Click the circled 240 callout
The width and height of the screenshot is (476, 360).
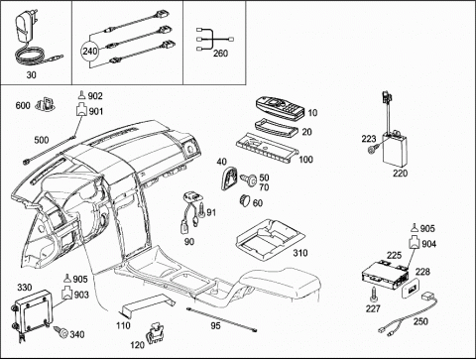[90, 52]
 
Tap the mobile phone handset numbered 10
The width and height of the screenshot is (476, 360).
[280, 106]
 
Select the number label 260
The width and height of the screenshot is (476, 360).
[220, 54]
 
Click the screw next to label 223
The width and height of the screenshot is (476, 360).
[372, 150]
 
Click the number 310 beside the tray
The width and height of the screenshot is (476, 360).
[300, 253]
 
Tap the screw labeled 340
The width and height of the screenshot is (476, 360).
[61, 331]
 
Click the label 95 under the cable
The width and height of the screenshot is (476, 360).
[215, 326]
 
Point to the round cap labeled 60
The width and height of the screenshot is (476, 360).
[244, 200]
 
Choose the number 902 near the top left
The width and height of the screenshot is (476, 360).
[95, 96]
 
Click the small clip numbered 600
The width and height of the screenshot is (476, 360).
[46, 104]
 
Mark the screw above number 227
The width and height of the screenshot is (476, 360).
[374, 294]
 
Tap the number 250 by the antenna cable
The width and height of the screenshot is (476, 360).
[420, 321]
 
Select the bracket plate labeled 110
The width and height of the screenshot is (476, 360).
[148, 305]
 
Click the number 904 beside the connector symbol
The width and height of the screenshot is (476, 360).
[428, 244]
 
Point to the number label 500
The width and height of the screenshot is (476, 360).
[42, 140]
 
